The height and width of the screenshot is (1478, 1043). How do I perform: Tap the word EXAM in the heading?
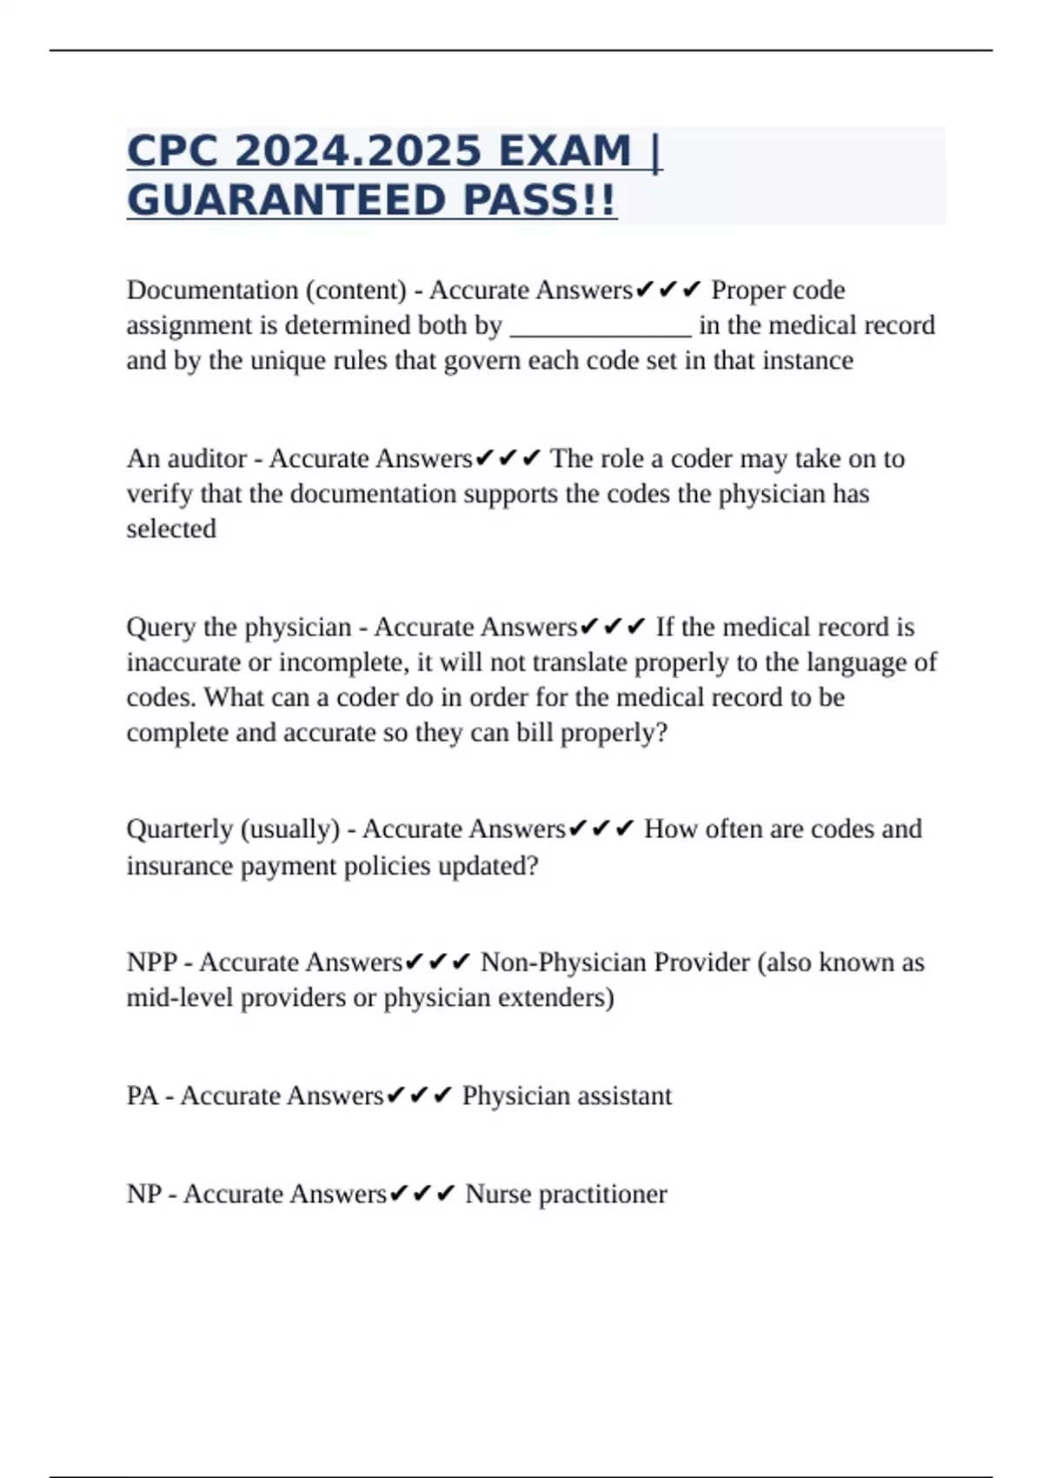pos(552,150)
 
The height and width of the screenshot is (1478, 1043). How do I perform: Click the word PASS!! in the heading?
pos(540,200)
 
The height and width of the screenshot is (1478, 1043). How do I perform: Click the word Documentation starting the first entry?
pos(212,290)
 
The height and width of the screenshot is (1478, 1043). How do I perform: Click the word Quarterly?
pos(178,829)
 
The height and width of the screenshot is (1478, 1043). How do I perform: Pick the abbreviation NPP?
pos(151,962)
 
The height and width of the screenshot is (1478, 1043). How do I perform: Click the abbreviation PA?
pos(142,1095)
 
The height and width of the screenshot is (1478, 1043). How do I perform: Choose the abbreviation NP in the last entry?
pos(143,1194)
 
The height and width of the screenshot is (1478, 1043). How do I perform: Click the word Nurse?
pos(497,1194)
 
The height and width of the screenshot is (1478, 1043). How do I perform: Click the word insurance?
pos(180,866)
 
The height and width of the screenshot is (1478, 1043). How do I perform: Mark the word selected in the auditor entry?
pos(171,529)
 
